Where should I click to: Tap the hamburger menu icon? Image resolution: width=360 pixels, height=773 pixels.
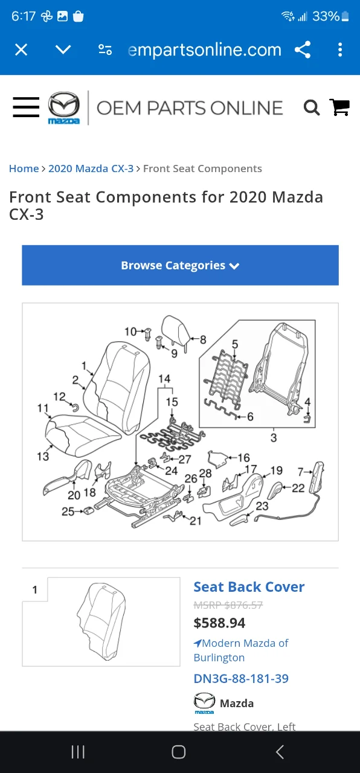click(26, 107)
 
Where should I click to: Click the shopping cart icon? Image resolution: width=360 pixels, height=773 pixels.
click(339, 107)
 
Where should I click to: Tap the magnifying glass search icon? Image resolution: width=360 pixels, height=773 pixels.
click(311, 108)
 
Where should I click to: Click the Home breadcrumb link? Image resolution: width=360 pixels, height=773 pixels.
click(24, 168)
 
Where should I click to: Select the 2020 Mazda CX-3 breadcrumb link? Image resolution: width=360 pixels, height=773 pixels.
click(91, 168)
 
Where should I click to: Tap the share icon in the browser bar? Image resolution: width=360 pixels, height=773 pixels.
click(303, 50)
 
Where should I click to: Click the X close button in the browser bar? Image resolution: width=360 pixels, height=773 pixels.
click(21, 50)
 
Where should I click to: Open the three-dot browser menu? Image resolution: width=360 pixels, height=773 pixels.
click(340, 50)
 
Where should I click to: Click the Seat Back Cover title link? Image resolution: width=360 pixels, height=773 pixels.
click(249, 586)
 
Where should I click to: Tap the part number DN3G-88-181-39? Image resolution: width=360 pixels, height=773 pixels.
click(241, 678)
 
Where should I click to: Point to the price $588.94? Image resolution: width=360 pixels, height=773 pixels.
click(219, 623)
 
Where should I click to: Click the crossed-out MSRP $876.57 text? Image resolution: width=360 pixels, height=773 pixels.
click(228, 605)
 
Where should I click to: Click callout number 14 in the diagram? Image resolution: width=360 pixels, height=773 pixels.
click(164, 379)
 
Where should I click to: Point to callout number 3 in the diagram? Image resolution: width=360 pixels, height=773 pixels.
click(274, 437)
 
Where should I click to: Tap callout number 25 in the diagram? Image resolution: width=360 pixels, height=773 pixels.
click(68, 512)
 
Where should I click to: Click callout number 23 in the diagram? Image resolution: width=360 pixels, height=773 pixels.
click(262, 505)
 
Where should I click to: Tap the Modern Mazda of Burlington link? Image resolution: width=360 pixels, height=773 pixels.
click(241, 650)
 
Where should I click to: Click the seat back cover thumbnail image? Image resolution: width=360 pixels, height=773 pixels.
click(101, 621)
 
